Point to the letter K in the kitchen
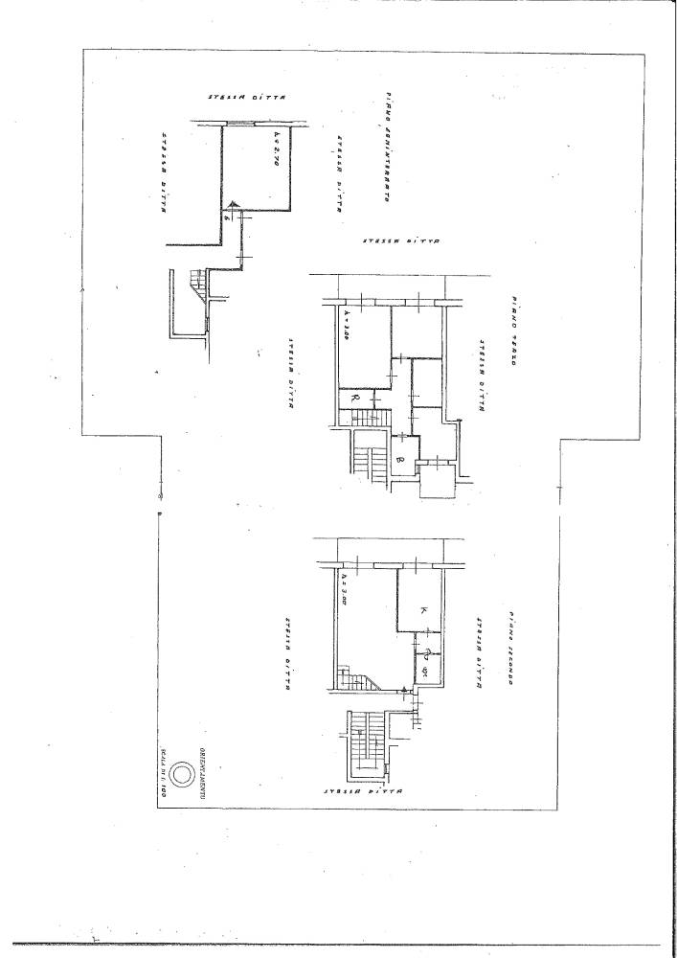(422, 609)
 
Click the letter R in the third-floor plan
(355, 396)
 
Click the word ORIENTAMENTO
(202, 766)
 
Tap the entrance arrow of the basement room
(231, 204)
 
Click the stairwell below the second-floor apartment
(364, 742)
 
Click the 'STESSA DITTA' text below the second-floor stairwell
(365, 792)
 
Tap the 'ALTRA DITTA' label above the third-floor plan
(400, 242)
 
